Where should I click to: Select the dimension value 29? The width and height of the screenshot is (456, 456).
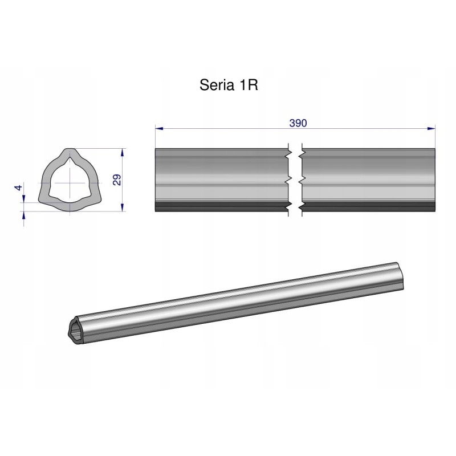tap(117, 180)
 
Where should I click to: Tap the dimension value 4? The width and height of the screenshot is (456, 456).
tap(18, 188)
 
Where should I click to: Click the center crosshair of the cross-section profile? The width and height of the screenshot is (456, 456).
tap(70, 182)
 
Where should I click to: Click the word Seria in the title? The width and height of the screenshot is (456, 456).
tap(215, 85)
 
